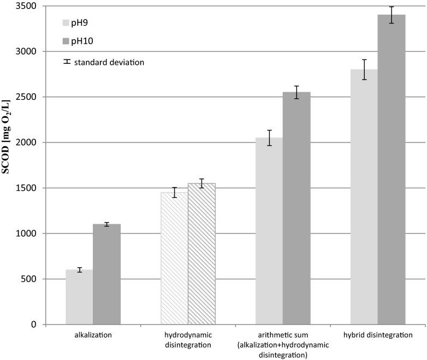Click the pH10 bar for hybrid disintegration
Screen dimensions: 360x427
coord(392,170)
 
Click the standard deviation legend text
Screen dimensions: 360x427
coord(110,62)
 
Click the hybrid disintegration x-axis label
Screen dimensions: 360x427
coord(378,334)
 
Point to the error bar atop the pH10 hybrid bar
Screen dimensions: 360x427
coord(392,15)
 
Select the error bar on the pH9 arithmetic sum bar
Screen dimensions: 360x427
coord(269,138)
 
